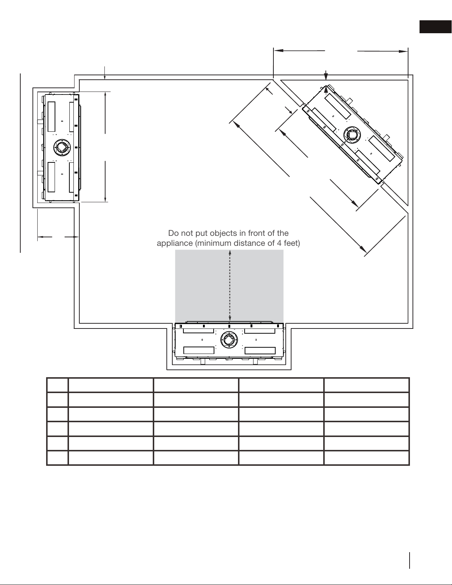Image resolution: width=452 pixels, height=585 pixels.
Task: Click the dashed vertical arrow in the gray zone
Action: coord(230,286)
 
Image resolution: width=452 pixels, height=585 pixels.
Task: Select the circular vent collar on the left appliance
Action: coord(62,148)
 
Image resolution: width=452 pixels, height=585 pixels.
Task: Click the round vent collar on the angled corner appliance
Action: coord(352,135)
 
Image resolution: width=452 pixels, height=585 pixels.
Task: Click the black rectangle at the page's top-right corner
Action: coord(436,27)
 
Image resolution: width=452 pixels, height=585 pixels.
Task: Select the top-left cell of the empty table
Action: coord(57,385)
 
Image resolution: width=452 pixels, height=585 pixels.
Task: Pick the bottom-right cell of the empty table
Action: coord(366,458)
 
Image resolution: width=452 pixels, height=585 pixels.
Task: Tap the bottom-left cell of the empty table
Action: coord(57,458)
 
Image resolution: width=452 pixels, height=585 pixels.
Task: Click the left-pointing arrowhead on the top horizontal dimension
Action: coord(279,51)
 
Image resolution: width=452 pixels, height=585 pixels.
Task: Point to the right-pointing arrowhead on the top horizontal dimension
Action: coord(403,51)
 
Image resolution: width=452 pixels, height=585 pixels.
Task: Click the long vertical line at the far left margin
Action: coord(20,163)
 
